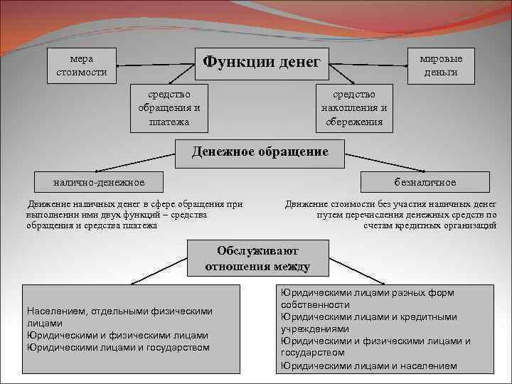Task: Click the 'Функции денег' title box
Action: point(262,63)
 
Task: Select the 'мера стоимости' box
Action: point(82,65)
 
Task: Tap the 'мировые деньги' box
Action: point(439,65)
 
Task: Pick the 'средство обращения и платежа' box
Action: point(169,108)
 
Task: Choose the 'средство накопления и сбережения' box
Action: point(354,108)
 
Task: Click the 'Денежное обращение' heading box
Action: point(260,152)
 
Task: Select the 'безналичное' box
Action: point(425,182)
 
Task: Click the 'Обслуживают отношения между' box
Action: point(257,259)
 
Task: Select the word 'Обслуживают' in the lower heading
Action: point(257,251)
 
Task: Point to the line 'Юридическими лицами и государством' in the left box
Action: point(118,347)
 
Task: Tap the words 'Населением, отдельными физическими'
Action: point(119,311)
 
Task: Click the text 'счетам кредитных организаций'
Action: point(430,225)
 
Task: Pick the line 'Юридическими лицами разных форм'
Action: point(367,292)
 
